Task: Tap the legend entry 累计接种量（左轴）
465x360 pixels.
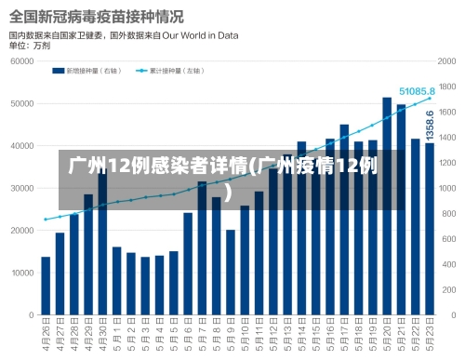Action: coord(176,70)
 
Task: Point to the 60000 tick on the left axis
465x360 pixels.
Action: coord(20,61)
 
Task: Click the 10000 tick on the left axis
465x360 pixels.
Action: coord(20,273)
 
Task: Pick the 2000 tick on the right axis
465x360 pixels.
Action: coord(447,61)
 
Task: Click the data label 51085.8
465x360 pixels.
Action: coord(418,92)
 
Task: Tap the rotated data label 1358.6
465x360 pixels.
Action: coord(430,127)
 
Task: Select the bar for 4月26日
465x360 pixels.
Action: coord(46,286)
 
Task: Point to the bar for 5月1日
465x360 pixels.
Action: coord(117,281)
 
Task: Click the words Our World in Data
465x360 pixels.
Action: coord(205,34)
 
